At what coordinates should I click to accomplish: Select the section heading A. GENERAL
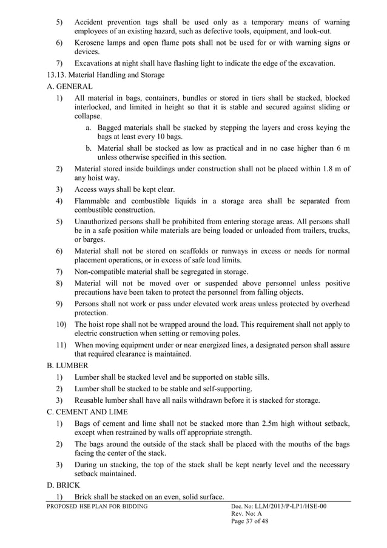click(x=69, y=87)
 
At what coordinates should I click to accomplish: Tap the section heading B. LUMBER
click(x=68, y=365)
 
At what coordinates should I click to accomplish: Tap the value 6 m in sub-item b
click(x=342, y=149)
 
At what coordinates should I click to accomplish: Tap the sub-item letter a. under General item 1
click(x=89, y=128)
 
